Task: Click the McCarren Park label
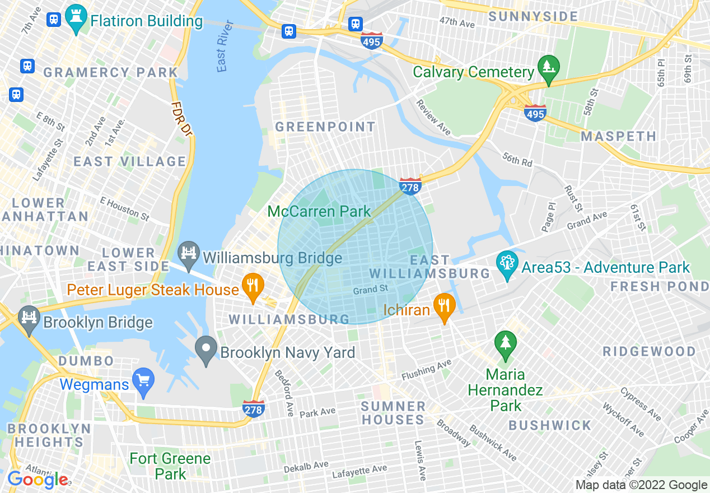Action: [319, 211]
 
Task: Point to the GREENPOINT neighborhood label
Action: [325, 127]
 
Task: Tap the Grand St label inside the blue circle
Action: [370, 290]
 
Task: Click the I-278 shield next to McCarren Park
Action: [410, 187]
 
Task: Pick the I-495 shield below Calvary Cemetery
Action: [536, 114]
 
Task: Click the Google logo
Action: [38, 480]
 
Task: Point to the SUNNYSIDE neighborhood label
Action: [532, 16]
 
